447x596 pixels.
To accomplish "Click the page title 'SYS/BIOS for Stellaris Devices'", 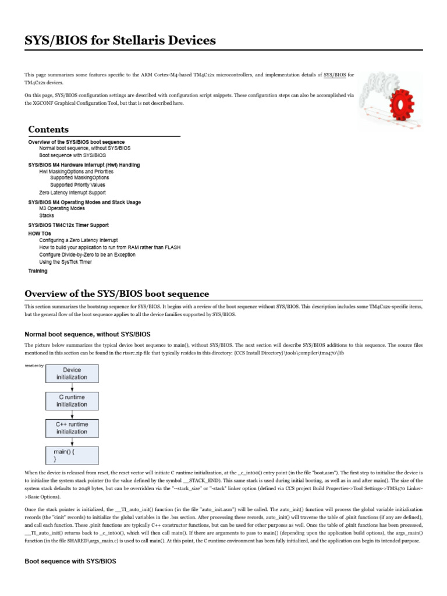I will [120, 40].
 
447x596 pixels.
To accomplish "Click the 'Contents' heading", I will [48, 129].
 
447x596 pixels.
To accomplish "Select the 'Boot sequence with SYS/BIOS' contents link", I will [73, 156].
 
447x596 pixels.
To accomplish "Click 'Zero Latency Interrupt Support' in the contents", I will [72, 192].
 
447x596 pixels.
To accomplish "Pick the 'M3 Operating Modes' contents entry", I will [62, 208].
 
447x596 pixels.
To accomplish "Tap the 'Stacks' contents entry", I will [47, 215].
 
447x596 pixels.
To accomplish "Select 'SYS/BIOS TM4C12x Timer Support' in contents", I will [68, 225].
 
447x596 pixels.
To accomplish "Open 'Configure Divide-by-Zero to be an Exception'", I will [87, 254].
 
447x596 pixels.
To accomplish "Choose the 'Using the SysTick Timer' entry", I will [65, 261].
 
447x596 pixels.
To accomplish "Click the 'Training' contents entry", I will [38, 271].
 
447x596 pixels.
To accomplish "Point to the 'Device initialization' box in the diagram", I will [72, 373].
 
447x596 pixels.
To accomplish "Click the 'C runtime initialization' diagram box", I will [72, 400].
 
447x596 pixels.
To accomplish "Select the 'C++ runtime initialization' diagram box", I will [72, 428].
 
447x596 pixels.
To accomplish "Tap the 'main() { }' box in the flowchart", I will [72, 455].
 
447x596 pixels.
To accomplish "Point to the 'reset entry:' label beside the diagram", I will [34, 366].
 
